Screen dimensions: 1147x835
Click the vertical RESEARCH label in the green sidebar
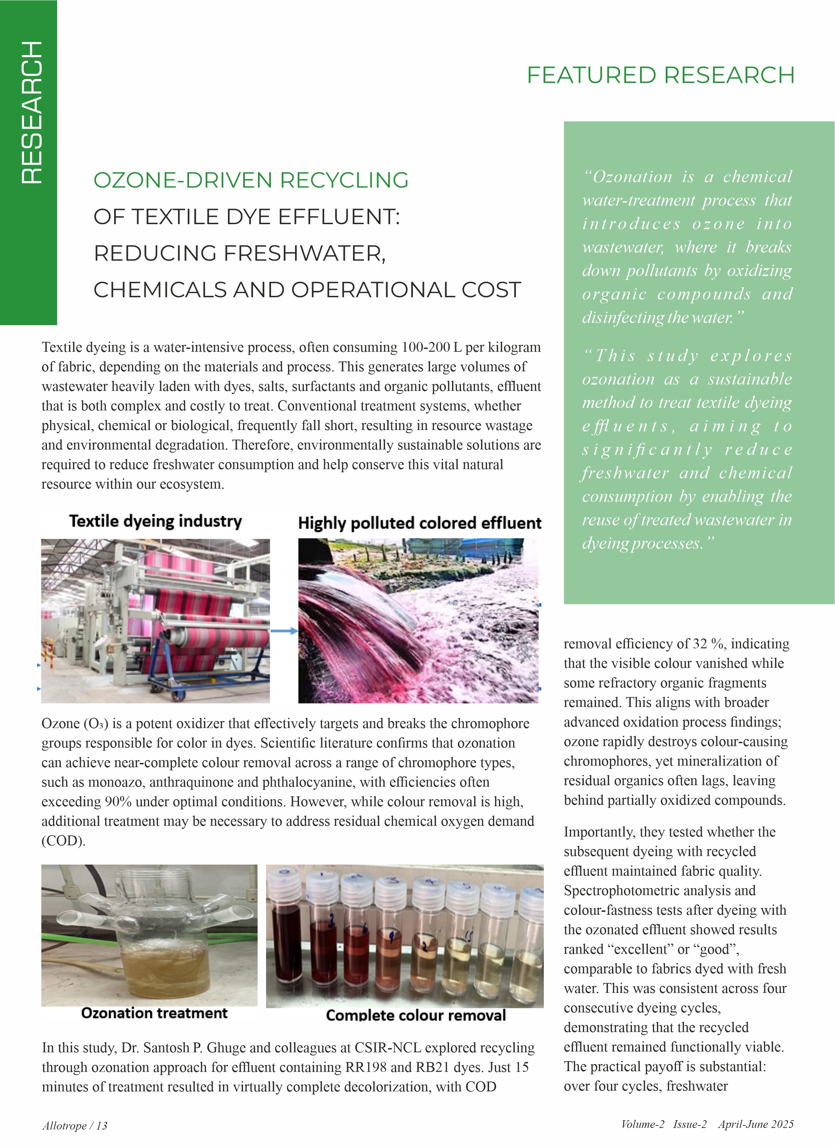point(31,113)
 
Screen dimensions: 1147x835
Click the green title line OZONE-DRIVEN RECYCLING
point(251,180)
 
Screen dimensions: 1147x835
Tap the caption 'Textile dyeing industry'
point(155,521)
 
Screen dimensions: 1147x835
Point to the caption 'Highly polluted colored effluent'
point(419,523)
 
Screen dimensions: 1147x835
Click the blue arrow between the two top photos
point(284,631)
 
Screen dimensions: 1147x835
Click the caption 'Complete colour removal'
point(416,1016)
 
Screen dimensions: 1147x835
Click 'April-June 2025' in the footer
point(755,1124)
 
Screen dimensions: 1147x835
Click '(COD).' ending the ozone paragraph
point(63,841)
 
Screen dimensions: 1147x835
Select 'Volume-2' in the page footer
point(643,1124)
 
